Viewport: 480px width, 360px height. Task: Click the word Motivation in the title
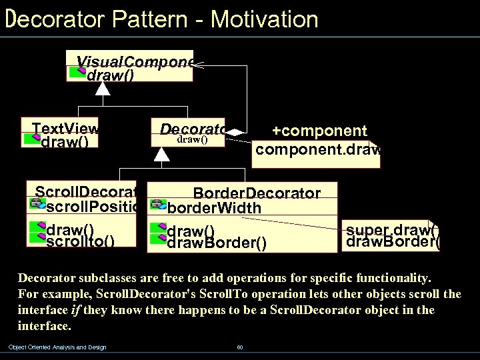click(264, 19)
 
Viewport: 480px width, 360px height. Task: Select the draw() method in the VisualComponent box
click(110, 75)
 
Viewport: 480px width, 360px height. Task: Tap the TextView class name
click(65, 129)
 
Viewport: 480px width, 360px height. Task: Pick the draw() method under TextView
click(69, 142)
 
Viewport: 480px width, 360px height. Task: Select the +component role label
click(319, 131)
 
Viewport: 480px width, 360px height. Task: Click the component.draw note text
click(317, 149)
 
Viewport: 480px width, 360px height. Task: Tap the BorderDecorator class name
click(256, 193)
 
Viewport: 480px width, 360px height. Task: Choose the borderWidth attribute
click(213, 208)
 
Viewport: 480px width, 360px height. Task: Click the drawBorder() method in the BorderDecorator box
click(216, 243)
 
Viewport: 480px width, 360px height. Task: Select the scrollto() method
click(80, 241)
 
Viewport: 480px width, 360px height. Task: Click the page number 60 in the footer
click(239, 347)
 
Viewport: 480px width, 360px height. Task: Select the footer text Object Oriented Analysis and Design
click(57, 347)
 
